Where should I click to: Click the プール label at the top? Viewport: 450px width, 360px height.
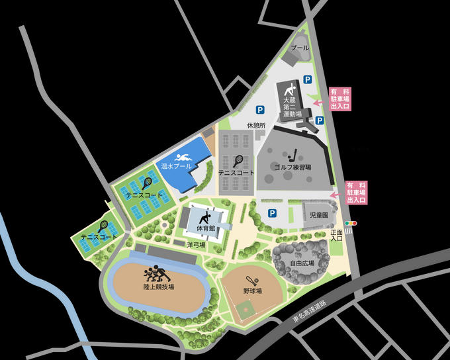[300, 48]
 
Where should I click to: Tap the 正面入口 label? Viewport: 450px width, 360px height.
[336, 236]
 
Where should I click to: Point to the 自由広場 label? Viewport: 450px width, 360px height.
[302, 262]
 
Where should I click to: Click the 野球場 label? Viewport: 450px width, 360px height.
[252, 291]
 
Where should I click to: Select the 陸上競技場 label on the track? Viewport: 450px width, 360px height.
[158, 287]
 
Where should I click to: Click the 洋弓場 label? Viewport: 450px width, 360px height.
[195, 244]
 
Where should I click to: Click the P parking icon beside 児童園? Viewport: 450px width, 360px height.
[271, 213]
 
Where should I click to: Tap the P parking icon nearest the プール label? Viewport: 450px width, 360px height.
[307, 79]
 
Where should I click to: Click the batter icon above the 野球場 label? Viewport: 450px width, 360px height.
[251, 279]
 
